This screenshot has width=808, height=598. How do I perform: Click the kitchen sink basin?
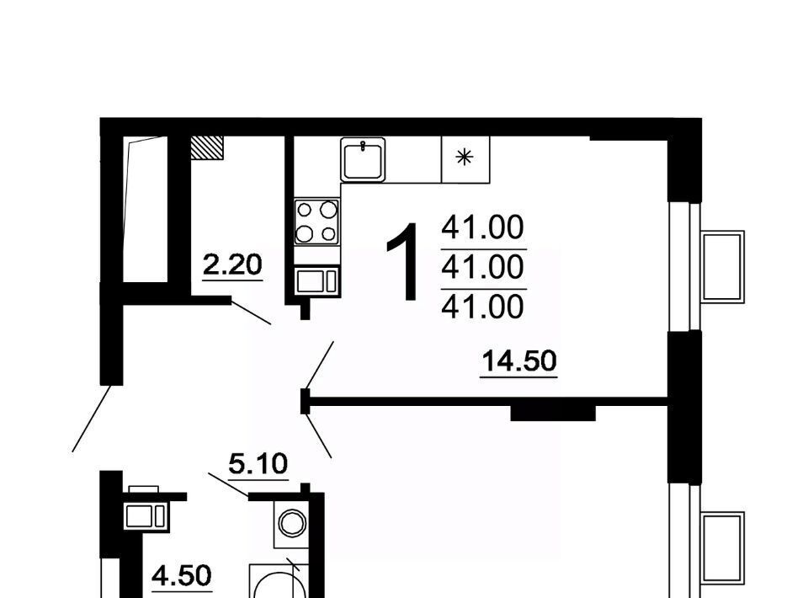(x=363, y=159)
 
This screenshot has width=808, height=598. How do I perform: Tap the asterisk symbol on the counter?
(x=465, y=157)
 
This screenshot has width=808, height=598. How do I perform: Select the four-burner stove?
(x=316, y=222)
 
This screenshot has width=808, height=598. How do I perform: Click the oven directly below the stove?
(x=316, y=281)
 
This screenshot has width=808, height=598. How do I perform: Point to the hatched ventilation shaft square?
(x=207, y=147)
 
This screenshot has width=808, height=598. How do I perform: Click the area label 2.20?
(x=232, y=265)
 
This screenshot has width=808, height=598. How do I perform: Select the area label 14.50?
(x=519, y=360)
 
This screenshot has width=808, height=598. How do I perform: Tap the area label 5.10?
(x=258, y=464)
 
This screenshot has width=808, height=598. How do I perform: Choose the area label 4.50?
(x=182, y=575)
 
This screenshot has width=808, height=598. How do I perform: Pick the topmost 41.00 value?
(x=483, y=227)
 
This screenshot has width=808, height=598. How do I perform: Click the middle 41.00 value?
(x=483, y=268)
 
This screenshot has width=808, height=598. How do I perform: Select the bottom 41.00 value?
(x=483, y=307)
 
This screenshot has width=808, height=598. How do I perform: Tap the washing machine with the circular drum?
(x=292, y=524)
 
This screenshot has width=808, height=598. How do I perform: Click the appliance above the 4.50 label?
(x=146, y=515)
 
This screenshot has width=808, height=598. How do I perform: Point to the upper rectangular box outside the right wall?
(x=723, y=266)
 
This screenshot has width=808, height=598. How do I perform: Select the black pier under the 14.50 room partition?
(x=553, y=414)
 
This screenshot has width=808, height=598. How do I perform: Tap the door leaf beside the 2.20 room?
(x=251, y=312)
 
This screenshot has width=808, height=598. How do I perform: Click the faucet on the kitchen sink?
(x=364, y=146)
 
